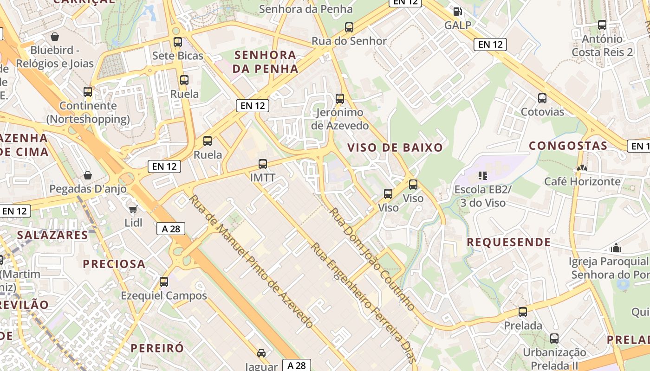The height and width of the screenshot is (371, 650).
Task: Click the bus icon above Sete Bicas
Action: point(177,42)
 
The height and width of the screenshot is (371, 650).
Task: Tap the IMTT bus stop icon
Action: point(263,164)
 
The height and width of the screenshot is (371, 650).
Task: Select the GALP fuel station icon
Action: point(457,12)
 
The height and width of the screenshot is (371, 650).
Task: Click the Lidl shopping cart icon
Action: point(133,209)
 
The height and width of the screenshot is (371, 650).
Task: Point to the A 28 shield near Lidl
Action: point(171,229)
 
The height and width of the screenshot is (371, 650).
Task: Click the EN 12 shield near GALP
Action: point(490,45)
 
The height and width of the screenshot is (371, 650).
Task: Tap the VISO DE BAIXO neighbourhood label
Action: point(395,148)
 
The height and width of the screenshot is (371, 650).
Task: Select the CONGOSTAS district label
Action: point(568,146)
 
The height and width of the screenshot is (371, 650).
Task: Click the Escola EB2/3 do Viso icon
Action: point(483,176)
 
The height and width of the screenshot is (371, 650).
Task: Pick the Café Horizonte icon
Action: point(582,168)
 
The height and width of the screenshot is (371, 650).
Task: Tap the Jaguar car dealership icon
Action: point(261,353)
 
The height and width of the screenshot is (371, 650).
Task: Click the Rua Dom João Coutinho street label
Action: point(372,259)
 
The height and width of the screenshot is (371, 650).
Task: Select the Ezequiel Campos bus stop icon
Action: point(163,281)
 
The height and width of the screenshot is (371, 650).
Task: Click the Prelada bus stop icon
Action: point(523,312)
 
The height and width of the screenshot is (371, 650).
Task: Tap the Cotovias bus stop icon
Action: point(542,98)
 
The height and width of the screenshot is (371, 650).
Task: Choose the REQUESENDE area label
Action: point(508,242)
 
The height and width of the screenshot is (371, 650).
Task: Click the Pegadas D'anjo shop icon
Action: point(87,175)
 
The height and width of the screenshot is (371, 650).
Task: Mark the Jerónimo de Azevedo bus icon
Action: point(340,98)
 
